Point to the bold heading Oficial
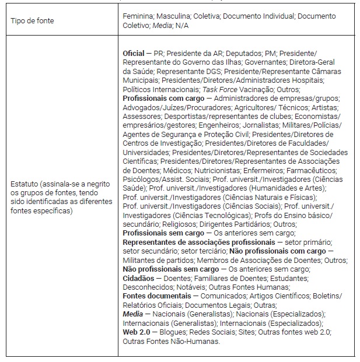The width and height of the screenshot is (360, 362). pyautogui.click(x=134, y=53)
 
